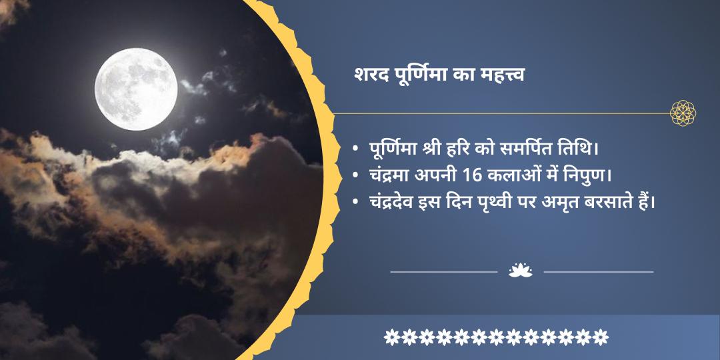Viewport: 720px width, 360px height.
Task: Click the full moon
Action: coord(136,89)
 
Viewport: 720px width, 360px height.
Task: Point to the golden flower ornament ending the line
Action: coord(683,113)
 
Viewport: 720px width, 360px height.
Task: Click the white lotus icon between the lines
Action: coord(521,271)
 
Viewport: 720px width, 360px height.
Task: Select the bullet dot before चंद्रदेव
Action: coord(355,202)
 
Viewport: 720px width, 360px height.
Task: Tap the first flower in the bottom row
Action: coord(392,337)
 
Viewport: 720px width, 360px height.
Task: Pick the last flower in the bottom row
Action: coord(600,337)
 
